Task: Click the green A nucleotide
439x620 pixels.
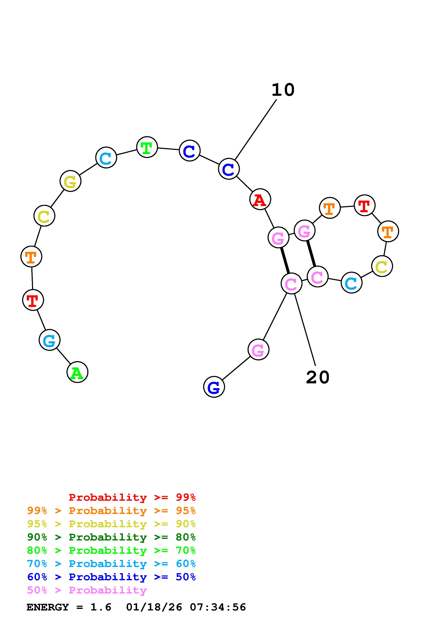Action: pyautogui.click(x=77, y=372)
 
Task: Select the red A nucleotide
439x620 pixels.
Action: pyautogui.click(x=260, y=199)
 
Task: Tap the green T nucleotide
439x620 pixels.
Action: pyautogui.click(x=147, y=147)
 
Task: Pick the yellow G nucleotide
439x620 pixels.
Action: pyautogui.click(x=70, y=181)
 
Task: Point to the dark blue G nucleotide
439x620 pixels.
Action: pyautogui.click(x=214, y=387)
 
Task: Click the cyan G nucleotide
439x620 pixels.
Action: pyautogui.click(x=50, y=340)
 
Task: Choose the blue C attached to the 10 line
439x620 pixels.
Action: pyautogui.click(x=229, y=169)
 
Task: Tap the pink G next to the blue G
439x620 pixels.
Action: pyautogui.click(x=258, y=349)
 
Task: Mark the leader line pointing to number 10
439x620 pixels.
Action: pyautogui.click(x=256, y=130)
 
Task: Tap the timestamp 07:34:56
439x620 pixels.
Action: pyautogui.click(x=218, y=607)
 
